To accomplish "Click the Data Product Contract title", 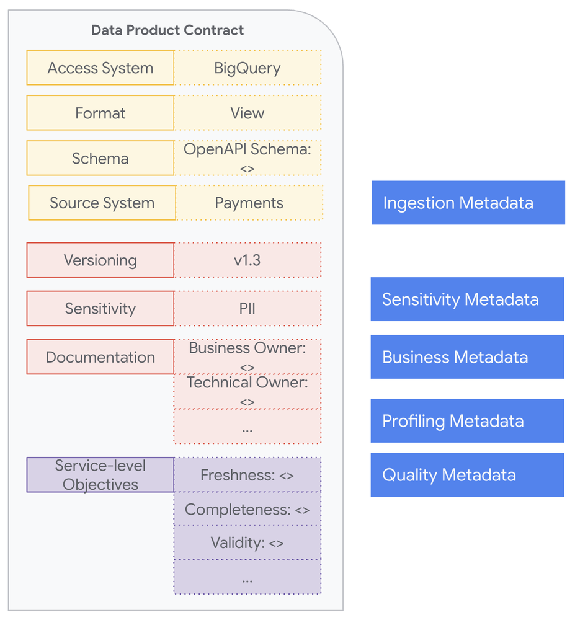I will pos(167,30).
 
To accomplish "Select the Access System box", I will pos(100,68).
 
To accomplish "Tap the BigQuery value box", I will pos(247,68).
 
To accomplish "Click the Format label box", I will pos(100,113).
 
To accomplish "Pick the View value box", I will pos(247,113).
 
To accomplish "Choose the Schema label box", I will pos(100,158).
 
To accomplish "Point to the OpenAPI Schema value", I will pos(247,158).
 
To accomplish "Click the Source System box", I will pos(102,203).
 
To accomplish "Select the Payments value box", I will pos(249,203).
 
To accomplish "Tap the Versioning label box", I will pos(100,260).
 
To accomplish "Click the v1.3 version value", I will pos(247,260).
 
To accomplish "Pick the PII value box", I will pos(247,308).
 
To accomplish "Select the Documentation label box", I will pos(100,356).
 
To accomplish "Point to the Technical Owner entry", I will pos(247,391).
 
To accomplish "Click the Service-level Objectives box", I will pos(100,475).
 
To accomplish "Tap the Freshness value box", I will pos(247,475).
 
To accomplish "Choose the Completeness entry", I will pos(247,509).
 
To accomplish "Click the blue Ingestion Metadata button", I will pos(468,203).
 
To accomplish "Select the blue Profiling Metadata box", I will pos(467,421).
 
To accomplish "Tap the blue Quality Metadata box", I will pos(467,475).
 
